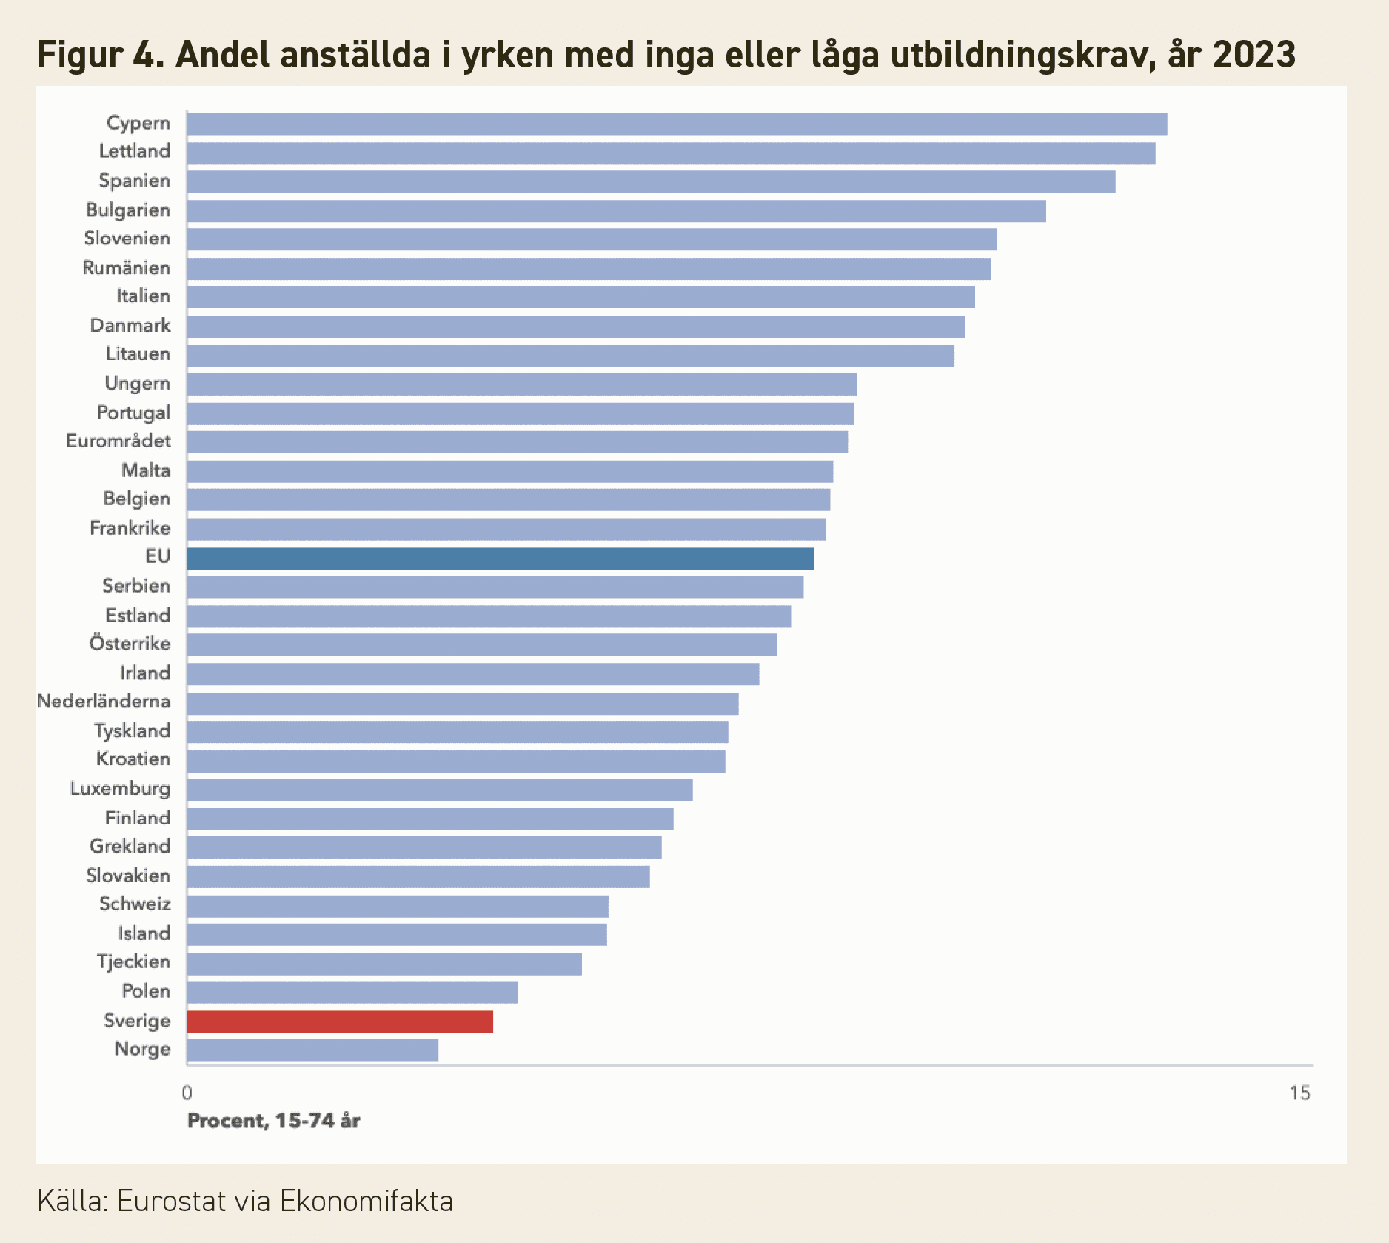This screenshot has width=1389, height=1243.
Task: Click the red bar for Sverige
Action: point(340,1022)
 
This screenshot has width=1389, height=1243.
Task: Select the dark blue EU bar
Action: point(501,559)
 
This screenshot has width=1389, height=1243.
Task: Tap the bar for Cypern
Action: point(677,124)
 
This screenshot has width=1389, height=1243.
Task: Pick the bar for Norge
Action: point(312,1050)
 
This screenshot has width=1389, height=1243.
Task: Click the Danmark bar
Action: point(576,327)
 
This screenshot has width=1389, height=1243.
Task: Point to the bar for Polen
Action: point(352,992)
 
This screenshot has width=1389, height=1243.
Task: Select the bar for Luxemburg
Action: point(440,790)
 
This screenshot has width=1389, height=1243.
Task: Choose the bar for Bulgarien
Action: point(617,211)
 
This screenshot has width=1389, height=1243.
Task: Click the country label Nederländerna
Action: point(104,701)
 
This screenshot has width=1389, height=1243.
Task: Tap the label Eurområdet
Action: point(118,441)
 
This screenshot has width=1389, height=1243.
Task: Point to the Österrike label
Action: point(130,643)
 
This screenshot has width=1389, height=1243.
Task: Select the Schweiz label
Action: point(135,904)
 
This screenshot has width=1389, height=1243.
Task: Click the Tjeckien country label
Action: point(133,962)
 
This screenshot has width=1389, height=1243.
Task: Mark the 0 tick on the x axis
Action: point(187,1093)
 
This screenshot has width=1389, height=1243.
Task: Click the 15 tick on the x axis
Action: point(1300,1093)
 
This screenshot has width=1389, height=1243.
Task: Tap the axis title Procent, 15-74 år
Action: point(274,1121)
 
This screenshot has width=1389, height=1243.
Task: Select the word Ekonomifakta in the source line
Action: point(367,1201)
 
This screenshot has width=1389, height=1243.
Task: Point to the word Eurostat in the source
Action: point(171,1201)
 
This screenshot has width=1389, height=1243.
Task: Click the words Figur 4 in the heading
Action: point(101,55)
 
